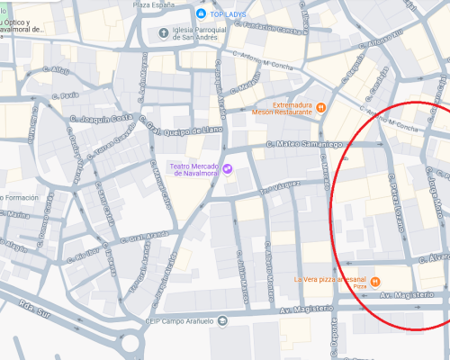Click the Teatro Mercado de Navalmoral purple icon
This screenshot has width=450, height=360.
228,168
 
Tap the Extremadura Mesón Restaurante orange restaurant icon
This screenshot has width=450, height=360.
320,107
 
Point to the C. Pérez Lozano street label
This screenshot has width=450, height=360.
394,194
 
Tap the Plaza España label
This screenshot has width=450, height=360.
153,4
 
